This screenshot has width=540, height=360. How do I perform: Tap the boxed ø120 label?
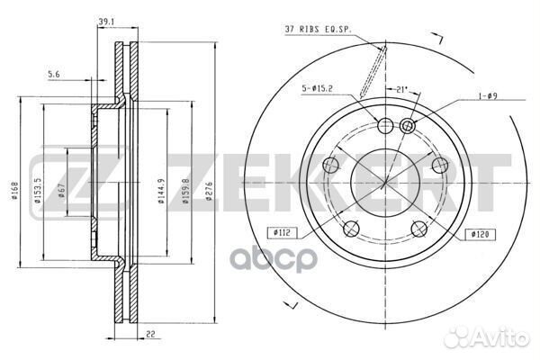(479, 234)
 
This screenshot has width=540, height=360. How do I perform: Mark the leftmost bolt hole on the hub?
(330, 165)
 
